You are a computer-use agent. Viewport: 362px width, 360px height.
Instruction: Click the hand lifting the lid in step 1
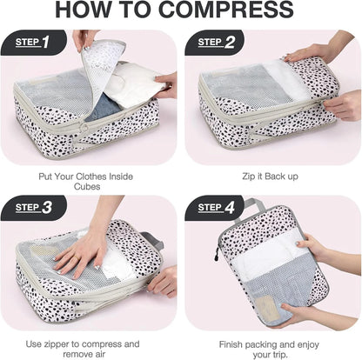click(x=84, y=38)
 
